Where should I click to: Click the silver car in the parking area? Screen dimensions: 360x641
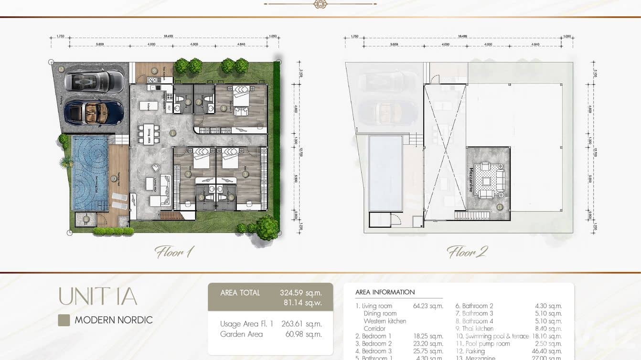pos(94,80)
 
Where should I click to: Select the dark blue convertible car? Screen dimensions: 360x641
pos(94,113)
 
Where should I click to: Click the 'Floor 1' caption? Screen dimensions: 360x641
pos(174,252)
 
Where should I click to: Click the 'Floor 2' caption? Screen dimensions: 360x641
pos(467,252)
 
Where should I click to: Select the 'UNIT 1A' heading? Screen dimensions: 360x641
pos(97,296)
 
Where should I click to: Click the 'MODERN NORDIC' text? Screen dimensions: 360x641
pos(114,320)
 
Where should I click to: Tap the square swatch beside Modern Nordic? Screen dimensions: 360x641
pos(64,320)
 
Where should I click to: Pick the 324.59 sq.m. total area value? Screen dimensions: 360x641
pos(300,293)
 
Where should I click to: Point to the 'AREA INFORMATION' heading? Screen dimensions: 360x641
pos(385,292)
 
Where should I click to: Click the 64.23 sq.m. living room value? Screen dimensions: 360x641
pos(428,306)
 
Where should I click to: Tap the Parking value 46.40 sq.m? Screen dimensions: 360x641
pos(548,351)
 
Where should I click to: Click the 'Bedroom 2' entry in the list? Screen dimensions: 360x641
pos(374,344)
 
